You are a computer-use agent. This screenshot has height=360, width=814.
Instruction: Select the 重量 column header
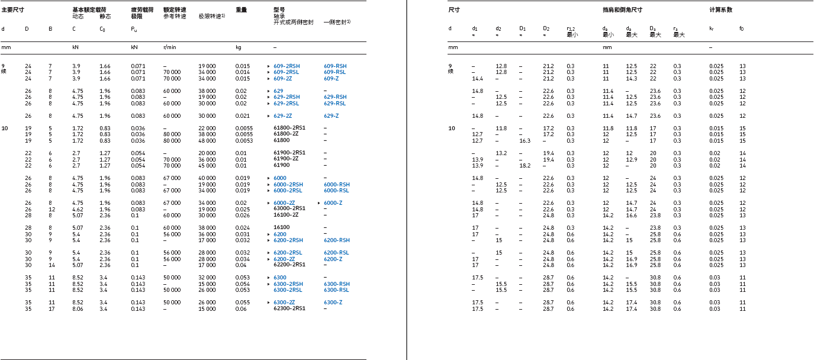click(241, 10)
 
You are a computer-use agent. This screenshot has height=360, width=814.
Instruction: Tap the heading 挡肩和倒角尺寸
click(622, 10)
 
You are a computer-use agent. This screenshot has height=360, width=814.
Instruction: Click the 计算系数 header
click(721, 10)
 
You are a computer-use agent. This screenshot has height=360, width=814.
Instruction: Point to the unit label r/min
click(170, 46)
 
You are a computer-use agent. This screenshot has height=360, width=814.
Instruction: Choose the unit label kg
click(238, 46)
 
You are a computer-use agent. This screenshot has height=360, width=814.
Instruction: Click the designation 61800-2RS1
click(289, 128)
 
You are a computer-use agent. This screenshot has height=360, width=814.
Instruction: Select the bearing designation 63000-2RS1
click(289, 209)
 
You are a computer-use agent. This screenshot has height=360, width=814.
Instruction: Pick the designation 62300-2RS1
click(289, 308)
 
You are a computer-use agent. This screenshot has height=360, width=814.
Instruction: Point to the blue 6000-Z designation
click(333, 203)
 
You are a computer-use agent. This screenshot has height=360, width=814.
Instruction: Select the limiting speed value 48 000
click(207, 141)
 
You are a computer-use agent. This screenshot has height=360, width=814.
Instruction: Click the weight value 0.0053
click(243, 141)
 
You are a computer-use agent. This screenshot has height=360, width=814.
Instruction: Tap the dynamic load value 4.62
click(78, 209)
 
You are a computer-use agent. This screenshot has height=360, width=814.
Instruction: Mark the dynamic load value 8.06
click(78, 308)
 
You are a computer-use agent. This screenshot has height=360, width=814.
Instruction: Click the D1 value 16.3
click(525, 141)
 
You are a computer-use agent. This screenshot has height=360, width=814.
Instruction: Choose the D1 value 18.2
click(525, 166)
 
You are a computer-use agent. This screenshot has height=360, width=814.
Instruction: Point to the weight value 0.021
click(242, 116)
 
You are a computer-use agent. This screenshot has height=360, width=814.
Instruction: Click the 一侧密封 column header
click(336, 22)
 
